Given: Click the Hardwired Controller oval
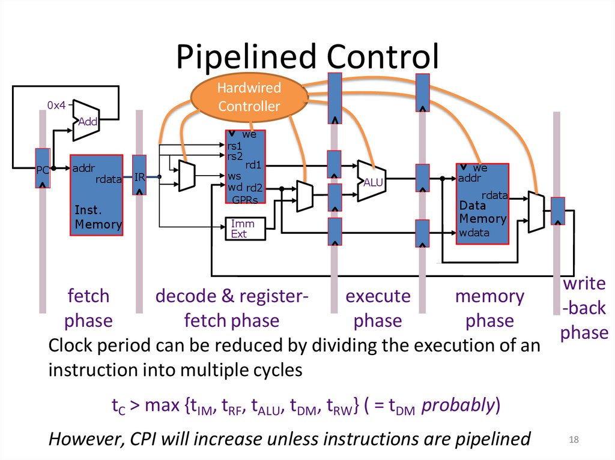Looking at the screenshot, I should [x=249, y=97].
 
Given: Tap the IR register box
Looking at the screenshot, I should [x=139, y=176].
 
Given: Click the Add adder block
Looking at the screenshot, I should [x=88, y=121].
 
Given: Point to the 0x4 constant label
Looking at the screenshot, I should [x=56, y=106].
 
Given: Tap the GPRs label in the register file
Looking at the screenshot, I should [x=245, y=200].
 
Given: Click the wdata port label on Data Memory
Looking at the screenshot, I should [x=474, y=233].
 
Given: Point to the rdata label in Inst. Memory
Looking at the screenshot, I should [x=109, y=179].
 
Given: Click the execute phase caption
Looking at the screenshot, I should [x=378, y=308].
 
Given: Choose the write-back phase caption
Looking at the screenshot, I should [x=584, y=308].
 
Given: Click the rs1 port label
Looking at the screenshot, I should [x=234, y=146].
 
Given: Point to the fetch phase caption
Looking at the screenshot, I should [x=88, y=308].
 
